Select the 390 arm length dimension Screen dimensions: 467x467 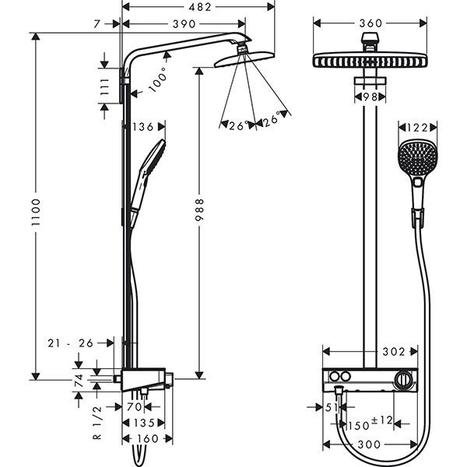tap(184, 25)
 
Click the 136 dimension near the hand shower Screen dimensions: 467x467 tap(143, 127)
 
